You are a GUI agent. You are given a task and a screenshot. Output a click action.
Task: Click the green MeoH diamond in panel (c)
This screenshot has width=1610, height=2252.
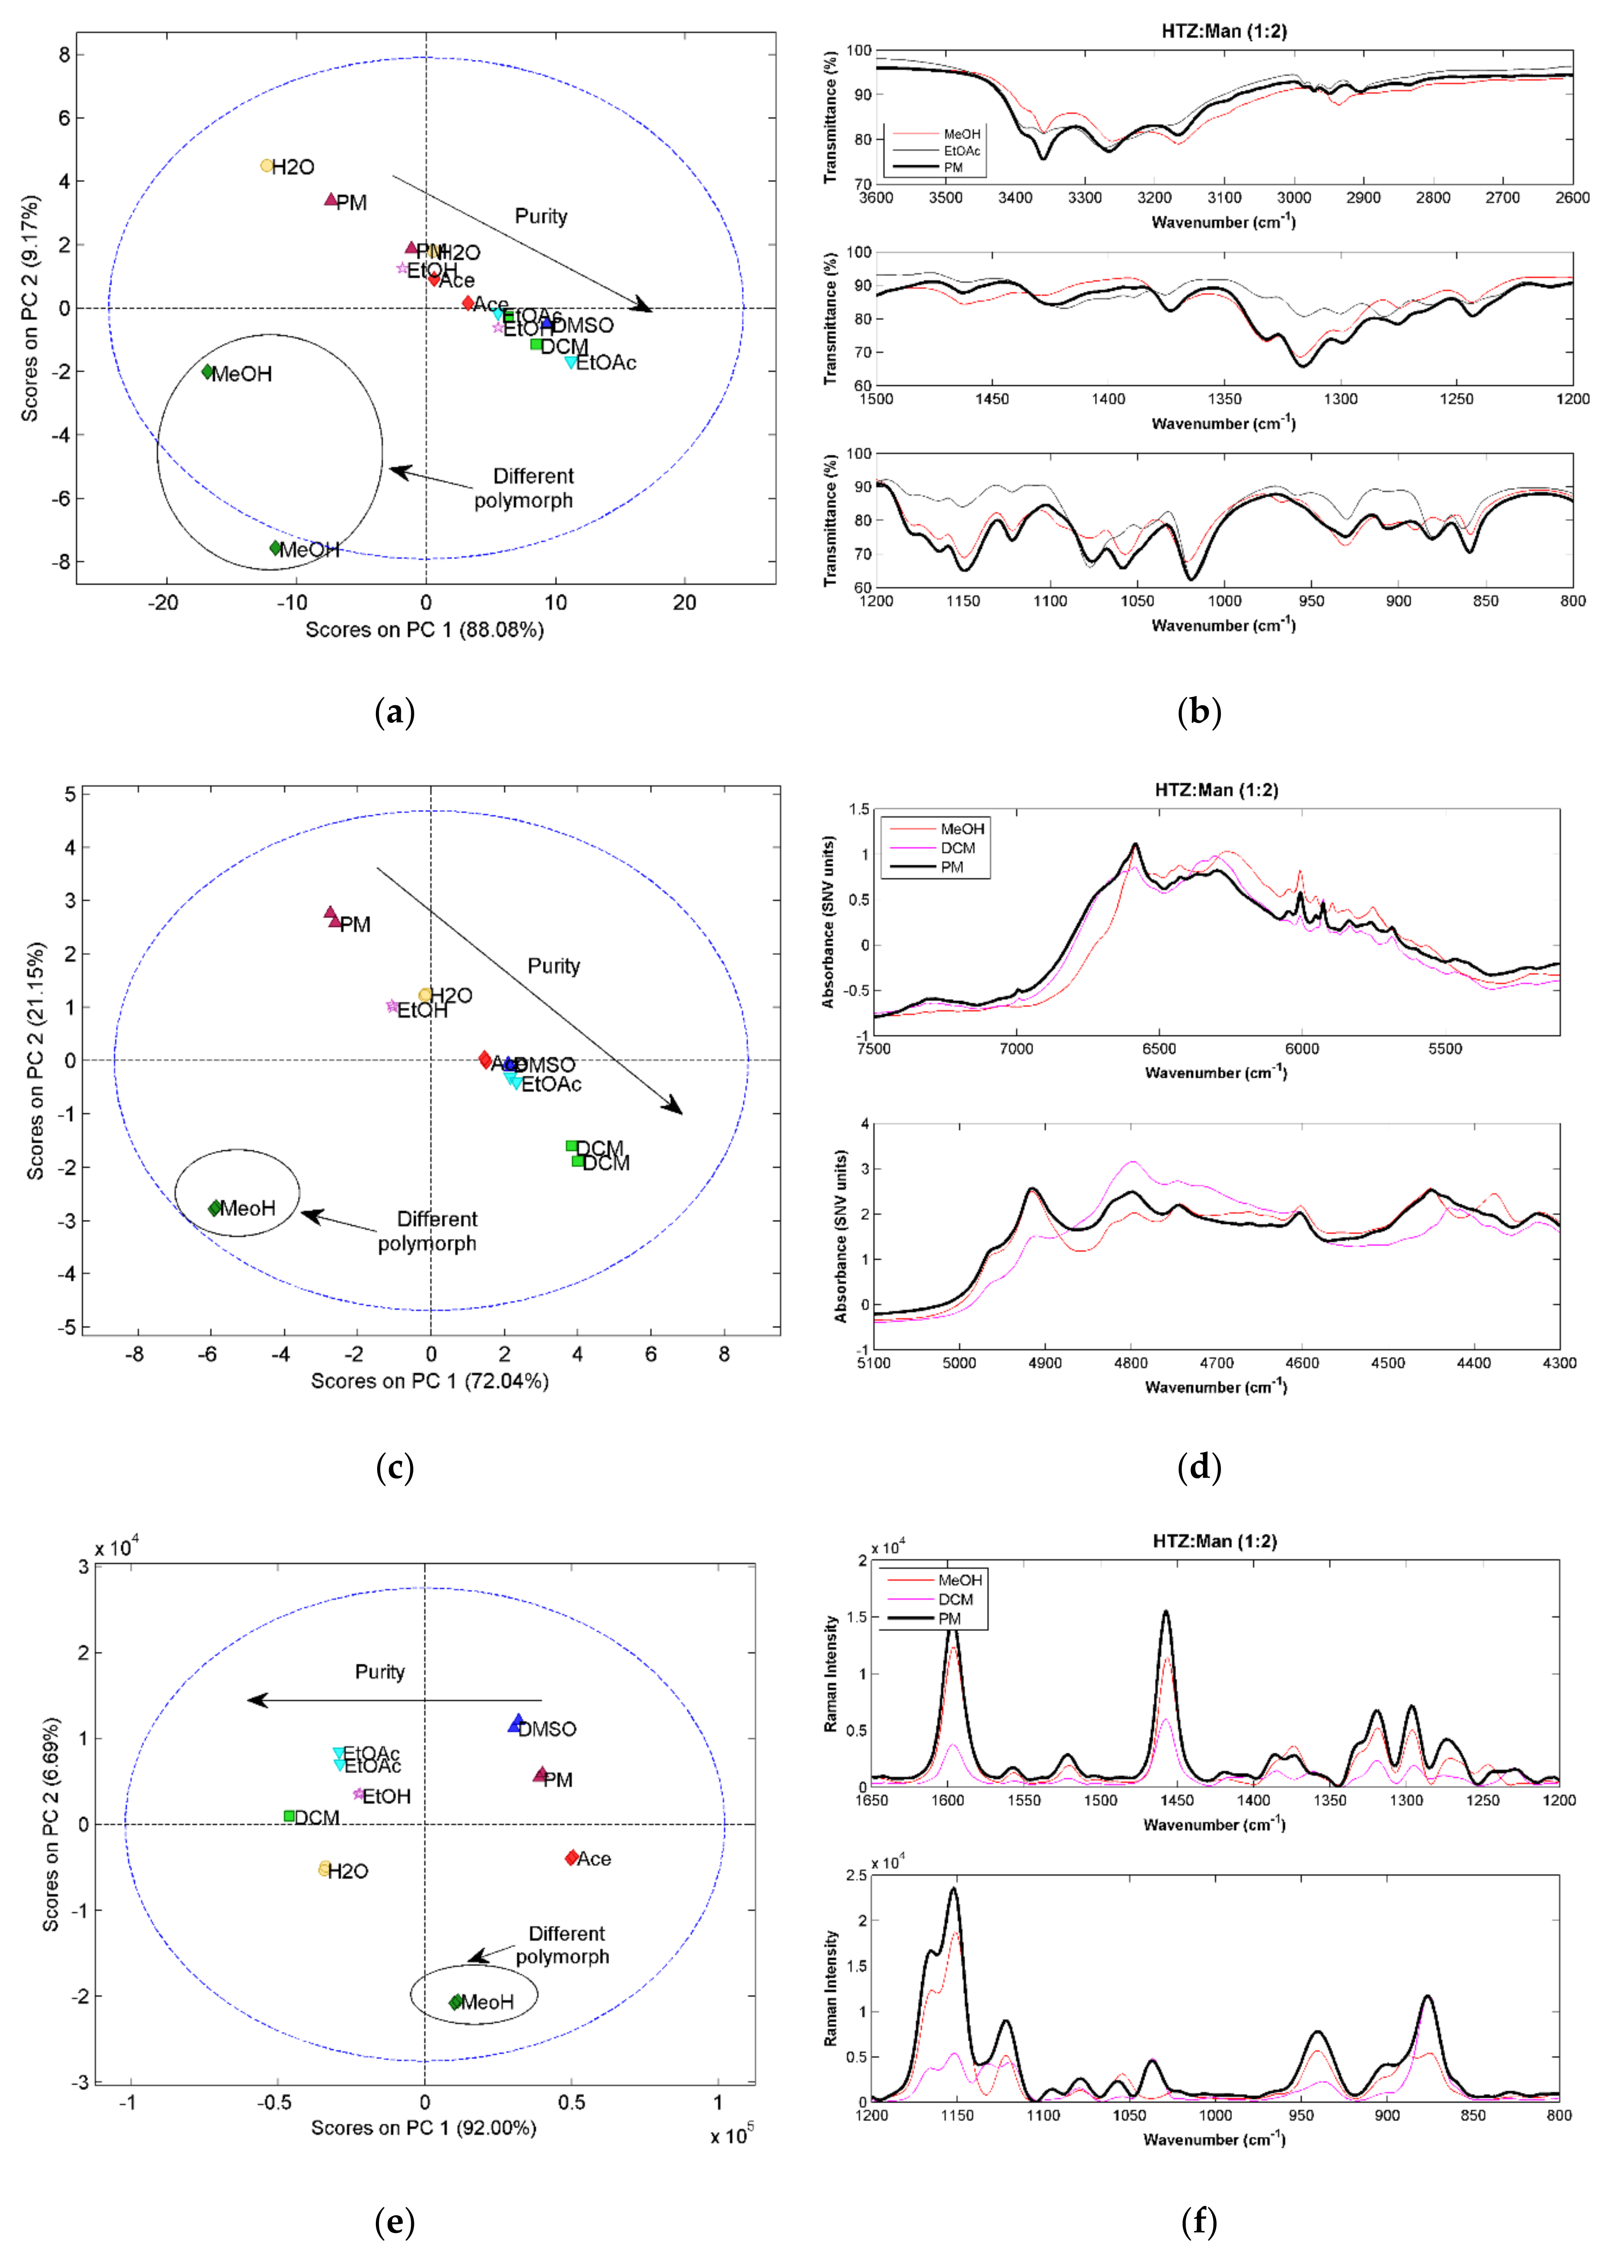215,1207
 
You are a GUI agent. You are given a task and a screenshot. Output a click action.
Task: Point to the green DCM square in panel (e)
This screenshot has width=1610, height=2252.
289,1816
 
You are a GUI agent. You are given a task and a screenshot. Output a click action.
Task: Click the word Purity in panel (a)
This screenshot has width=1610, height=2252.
540,216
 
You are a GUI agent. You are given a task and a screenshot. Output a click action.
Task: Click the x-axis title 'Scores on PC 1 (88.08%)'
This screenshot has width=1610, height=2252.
424,629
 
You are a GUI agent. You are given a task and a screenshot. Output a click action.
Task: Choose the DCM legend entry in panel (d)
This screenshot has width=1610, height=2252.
958,848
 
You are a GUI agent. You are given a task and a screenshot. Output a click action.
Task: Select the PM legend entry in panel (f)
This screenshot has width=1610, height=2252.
949,1619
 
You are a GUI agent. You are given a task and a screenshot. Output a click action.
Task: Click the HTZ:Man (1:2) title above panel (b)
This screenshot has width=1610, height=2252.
1223,32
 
